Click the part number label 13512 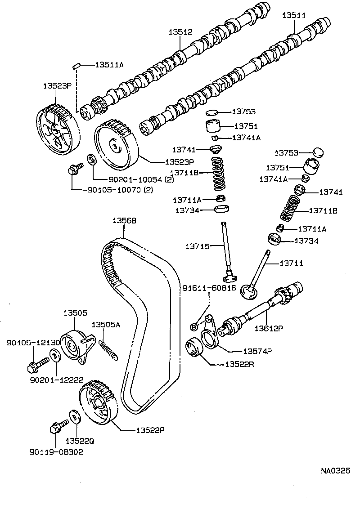pos(180,32)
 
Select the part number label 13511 pos(294,15)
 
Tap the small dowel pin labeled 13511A pos(76,66)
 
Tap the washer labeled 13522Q pos(75,416)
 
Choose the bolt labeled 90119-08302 pos(56,427)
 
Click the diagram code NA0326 pos(335,471)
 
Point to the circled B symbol pos(194,326)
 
